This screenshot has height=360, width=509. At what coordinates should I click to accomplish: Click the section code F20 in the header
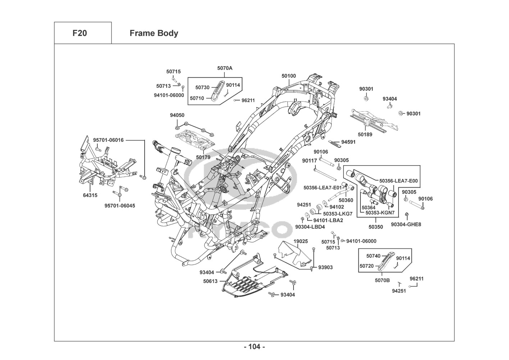click(x=79, y=33)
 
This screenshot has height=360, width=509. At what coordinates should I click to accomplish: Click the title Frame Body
click(x=154, y=33)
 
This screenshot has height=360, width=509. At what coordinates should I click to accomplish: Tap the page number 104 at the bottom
click(x=254, y=347)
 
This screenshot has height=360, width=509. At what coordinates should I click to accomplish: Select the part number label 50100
click(x=288, y=76)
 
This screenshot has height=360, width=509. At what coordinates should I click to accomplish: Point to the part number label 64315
click(x=90, y=195)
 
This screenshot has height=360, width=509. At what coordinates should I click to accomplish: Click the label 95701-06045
click(x=120, y=206)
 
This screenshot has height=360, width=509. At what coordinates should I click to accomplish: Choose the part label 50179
click(x=203, y=157)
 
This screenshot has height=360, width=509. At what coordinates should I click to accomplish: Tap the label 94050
click(x=177, y=115)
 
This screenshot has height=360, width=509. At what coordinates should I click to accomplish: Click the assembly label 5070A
click(x=225, y=68)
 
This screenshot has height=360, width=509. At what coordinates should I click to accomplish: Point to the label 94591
click(x=348, y=142)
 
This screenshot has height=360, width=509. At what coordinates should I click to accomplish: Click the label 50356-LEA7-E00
click(x=399, y=181)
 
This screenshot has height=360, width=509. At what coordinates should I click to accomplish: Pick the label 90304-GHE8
click(x=406, y=224)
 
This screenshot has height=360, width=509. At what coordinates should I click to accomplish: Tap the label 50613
click(x=210, y=281)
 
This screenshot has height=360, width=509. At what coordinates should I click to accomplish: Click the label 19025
click(x=301, y=241)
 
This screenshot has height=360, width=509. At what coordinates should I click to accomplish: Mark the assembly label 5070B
click(x=383, y=279)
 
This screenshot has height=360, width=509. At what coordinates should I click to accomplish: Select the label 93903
click(x=326, y=267)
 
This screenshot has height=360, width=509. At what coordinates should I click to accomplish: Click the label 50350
click(x=376, y=227)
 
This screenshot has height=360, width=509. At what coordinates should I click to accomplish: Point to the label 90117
click(x=309, y=161)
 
